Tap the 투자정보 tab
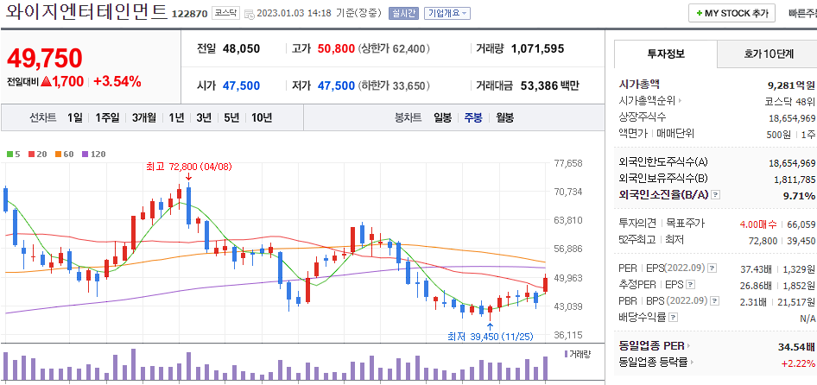coord(666,54)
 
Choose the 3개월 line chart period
coord(144,117)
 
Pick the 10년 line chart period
coord(261,117)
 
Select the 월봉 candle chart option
coord(504,117)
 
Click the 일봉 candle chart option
coord(442,117)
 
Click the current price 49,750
coord(45,58)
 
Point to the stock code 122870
coord(189,14)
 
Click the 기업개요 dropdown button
coord(447,14)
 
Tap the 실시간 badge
coord(402,14)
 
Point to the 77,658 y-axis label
coord(567,163)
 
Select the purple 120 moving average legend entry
coord(93,154)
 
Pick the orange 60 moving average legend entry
coord(65,154)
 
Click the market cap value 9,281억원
coord(791,85)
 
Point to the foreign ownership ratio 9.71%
coord(799,196)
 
